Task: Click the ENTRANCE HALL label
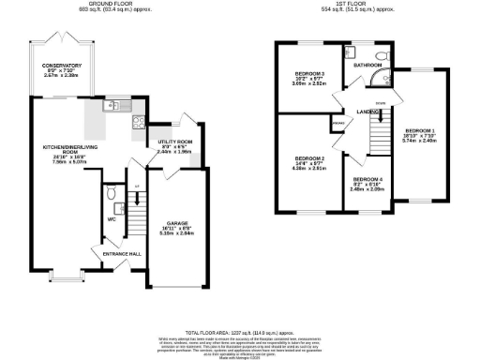pos(121,253)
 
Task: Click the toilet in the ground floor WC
pos(111,194)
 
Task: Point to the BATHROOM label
pos(367,65)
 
